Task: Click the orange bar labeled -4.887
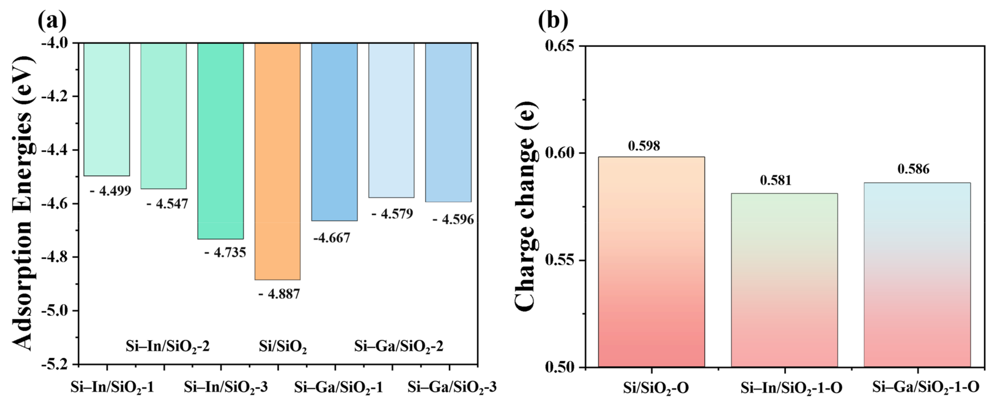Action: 277,161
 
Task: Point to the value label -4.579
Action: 392,213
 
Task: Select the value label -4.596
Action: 453,220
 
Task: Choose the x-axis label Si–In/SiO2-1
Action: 112,387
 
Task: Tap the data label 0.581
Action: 776,180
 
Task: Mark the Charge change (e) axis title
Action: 525,206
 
